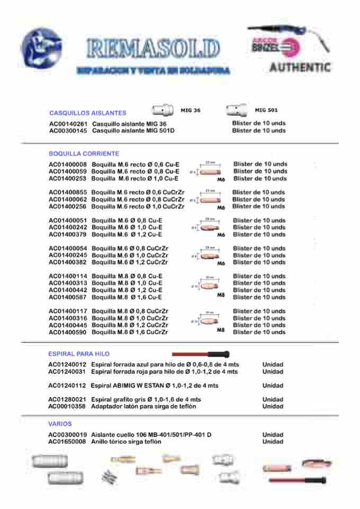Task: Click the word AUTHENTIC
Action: (300, 68)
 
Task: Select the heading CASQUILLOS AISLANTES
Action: (87, 113)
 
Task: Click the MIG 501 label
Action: (266, 110)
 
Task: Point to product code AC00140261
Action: (68, 123)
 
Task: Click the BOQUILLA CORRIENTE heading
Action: (84, 153)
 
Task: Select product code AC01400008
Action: (68, 165)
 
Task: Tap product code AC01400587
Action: (68, 297)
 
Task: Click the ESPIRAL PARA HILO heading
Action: (79, 353)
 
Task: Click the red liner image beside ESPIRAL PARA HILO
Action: (201, 353)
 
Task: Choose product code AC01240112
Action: (67, 386)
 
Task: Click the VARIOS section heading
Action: (60, 424)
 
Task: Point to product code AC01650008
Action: (67, 441)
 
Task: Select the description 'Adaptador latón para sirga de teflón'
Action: (143, 406)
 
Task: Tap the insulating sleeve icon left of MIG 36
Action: (163, 110)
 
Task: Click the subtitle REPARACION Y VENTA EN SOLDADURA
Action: (152, 70)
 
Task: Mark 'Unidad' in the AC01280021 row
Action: (273, 399)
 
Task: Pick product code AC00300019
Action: (67, 434)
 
